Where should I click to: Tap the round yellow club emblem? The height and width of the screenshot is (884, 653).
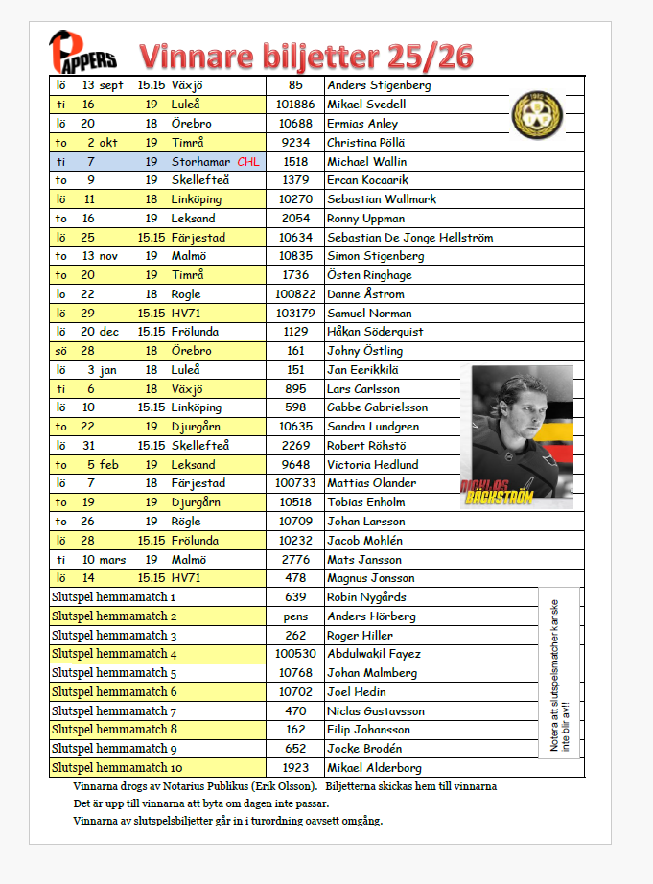pos(531,111)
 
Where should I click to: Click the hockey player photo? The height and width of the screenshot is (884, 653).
pos(516,435)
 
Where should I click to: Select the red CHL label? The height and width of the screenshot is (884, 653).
pos(247,162)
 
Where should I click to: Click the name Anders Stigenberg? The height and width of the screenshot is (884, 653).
pos(379,85)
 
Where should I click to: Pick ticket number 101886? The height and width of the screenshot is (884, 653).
pos(295,105)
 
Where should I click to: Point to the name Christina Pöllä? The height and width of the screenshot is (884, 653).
pos(366,142)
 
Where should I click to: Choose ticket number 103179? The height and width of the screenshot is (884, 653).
pos(295,314)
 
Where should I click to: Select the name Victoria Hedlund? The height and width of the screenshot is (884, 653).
pos(373,465)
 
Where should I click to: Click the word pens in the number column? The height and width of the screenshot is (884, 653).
pos(295,616)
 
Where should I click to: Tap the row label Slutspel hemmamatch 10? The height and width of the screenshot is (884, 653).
pos(115,768)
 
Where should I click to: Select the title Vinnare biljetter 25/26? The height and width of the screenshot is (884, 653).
pos(305,55)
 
